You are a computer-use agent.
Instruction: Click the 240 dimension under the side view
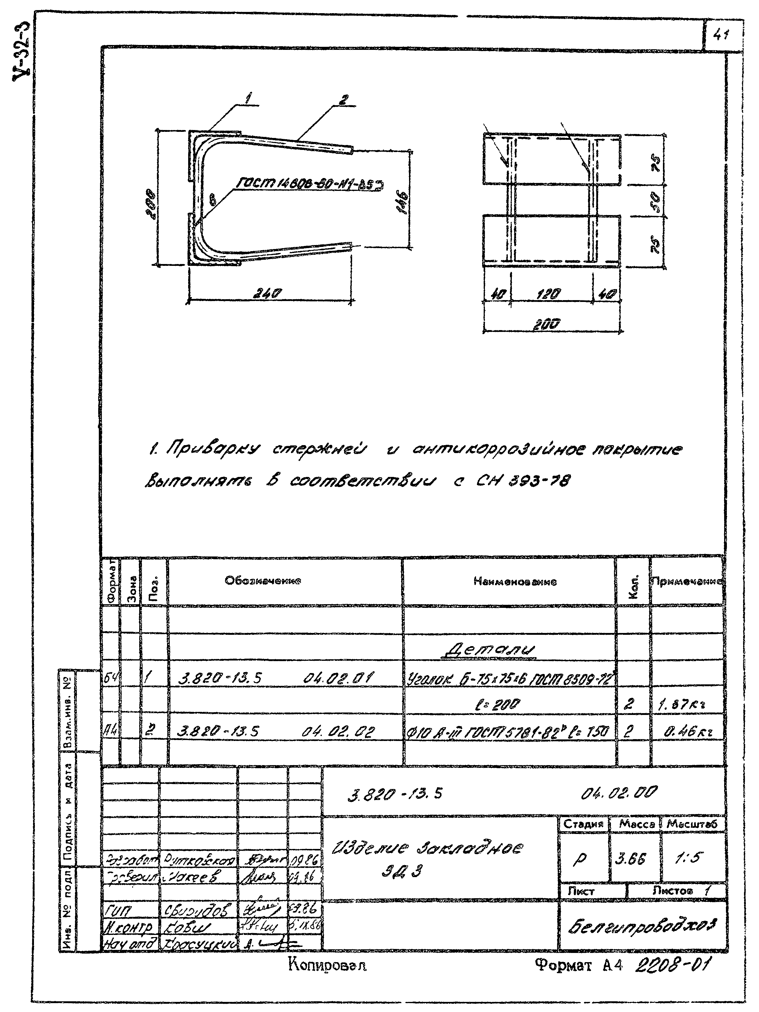(269, 293)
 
